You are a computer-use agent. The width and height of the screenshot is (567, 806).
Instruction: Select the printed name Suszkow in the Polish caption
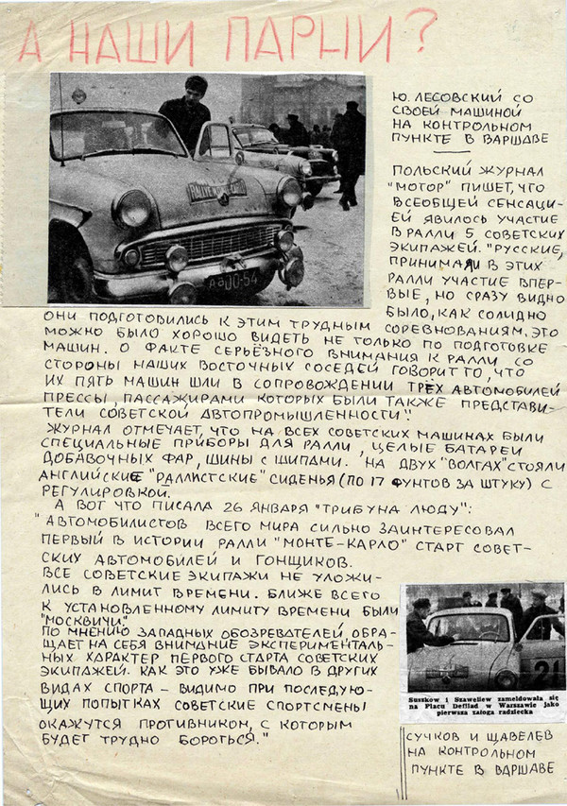tap(425, 695)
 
